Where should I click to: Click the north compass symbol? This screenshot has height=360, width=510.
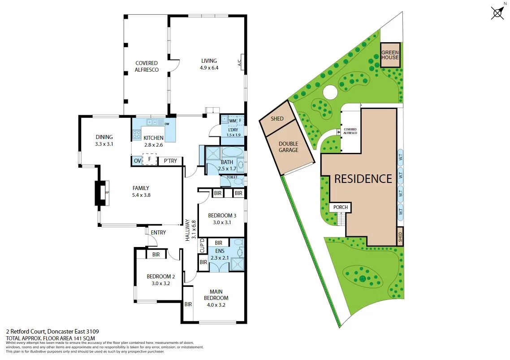497,12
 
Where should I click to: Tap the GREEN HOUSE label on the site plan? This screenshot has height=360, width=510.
390,55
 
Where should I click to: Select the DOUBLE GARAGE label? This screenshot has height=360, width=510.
288,147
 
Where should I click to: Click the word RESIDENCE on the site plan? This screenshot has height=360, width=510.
363,179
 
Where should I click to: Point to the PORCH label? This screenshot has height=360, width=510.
340,208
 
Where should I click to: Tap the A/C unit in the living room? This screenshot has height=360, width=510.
240,61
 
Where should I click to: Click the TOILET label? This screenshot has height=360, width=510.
232,178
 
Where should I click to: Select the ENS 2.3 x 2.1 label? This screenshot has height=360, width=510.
220,254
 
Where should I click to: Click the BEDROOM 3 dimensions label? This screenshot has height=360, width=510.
219,219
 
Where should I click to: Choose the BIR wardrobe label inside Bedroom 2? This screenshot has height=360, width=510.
156,254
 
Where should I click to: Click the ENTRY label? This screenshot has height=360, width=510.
158,233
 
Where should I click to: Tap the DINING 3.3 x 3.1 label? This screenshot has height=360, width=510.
104,141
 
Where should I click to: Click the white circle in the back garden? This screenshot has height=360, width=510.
330,92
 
